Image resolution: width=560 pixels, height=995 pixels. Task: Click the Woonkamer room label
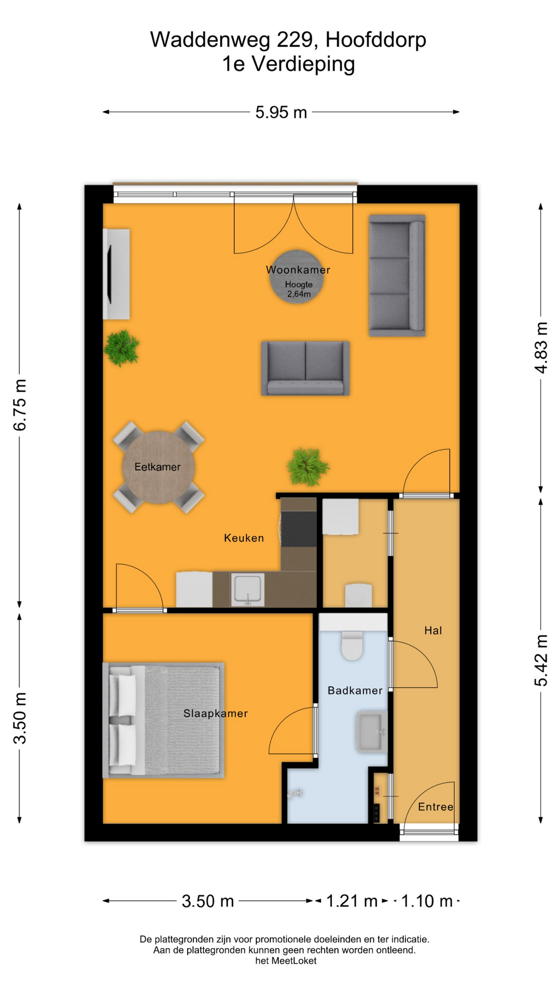coord(298,269)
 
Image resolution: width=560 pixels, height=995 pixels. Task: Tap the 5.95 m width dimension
coord(281,112)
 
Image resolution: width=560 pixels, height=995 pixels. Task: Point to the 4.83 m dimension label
coord(541,347)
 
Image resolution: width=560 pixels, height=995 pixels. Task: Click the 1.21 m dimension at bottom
coord(351,901)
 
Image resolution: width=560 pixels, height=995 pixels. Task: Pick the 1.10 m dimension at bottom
coord(426,901)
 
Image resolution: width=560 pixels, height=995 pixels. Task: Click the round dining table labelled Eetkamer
coord(158,467)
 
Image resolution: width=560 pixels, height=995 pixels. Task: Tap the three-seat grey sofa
coord(397,276)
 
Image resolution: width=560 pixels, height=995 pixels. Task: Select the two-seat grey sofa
coord(305,368)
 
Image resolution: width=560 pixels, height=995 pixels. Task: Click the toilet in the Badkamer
coord(352,644)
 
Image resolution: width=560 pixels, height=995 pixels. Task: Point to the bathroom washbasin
coord(371,731)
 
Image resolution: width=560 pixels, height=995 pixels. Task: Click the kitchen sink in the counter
coord(248,589)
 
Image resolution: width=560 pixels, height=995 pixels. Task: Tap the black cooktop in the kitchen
coord(299,529)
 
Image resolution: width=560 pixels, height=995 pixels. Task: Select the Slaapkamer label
coord(215,714)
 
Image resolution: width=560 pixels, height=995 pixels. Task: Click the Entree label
coord(435,807)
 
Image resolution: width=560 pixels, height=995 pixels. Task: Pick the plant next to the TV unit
coord(121,348)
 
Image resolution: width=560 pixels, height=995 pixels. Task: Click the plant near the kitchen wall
coord(307,466)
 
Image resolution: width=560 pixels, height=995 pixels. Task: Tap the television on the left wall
coord(109,274)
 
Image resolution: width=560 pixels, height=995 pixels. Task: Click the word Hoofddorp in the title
coord(376,40)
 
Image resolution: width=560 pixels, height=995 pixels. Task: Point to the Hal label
coord(433,631)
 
